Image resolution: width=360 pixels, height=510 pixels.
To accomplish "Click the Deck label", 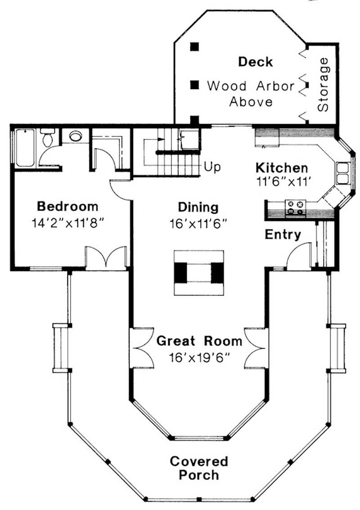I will pyautogui.click(x=255, y=62).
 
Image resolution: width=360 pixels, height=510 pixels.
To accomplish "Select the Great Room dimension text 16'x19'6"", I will pyautogui.click(x=199, y=358).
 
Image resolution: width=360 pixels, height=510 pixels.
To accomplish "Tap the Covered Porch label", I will pyautogui.click(x=199, y=468).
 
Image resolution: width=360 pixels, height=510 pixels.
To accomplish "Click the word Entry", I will pyautogui.click(x=283, y=234).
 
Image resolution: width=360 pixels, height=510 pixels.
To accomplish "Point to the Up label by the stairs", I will pyautogui.click(x=212, y=167).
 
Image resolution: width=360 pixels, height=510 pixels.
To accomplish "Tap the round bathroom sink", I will pyautogui.click(x=75, y=136).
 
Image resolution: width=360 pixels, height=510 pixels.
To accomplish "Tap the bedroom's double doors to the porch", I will pyautogui.click(x=106, y=258).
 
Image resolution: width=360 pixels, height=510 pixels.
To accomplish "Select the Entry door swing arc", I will pyautogui.click(x=298, y=255).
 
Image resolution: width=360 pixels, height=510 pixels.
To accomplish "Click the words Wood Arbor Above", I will pyautogui.click(x=251, y=93).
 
